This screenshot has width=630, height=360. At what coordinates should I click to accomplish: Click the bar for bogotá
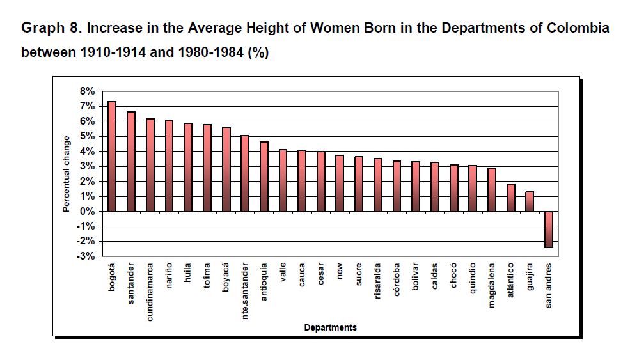tap(112, 156)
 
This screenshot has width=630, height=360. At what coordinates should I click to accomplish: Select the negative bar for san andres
tap(549, 229)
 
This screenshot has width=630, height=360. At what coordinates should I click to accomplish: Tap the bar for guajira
tap(530, 201)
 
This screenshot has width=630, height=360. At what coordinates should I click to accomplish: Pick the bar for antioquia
tap(264, 176)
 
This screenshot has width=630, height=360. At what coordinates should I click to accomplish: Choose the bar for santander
tap(131, 161)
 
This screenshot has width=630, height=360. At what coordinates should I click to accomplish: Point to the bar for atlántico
tap(510, 198)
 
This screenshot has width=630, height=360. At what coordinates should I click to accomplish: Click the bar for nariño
tap(169, 166)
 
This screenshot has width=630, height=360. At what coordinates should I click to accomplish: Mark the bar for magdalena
tap(491, 189)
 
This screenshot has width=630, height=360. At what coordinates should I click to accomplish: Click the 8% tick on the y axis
tap(87, 91)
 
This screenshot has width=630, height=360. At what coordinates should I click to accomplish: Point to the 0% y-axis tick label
tap(87, 211)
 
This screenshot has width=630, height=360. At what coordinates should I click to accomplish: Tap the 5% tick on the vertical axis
tap(87, 136)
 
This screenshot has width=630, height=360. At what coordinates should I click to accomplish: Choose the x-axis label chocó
tap(453, 274)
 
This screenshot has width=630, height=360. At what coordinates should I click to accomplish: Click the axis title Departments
tap(330, 327)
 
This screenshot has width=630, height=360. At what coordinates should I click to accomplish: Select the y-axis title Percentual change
tap(66, 174)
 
